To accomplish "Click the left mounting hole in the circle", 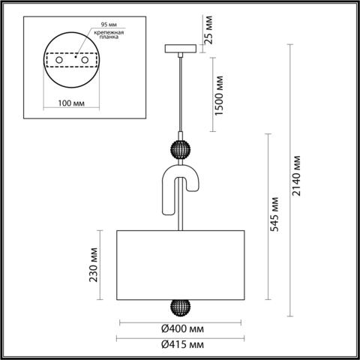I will coord(56,60).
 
